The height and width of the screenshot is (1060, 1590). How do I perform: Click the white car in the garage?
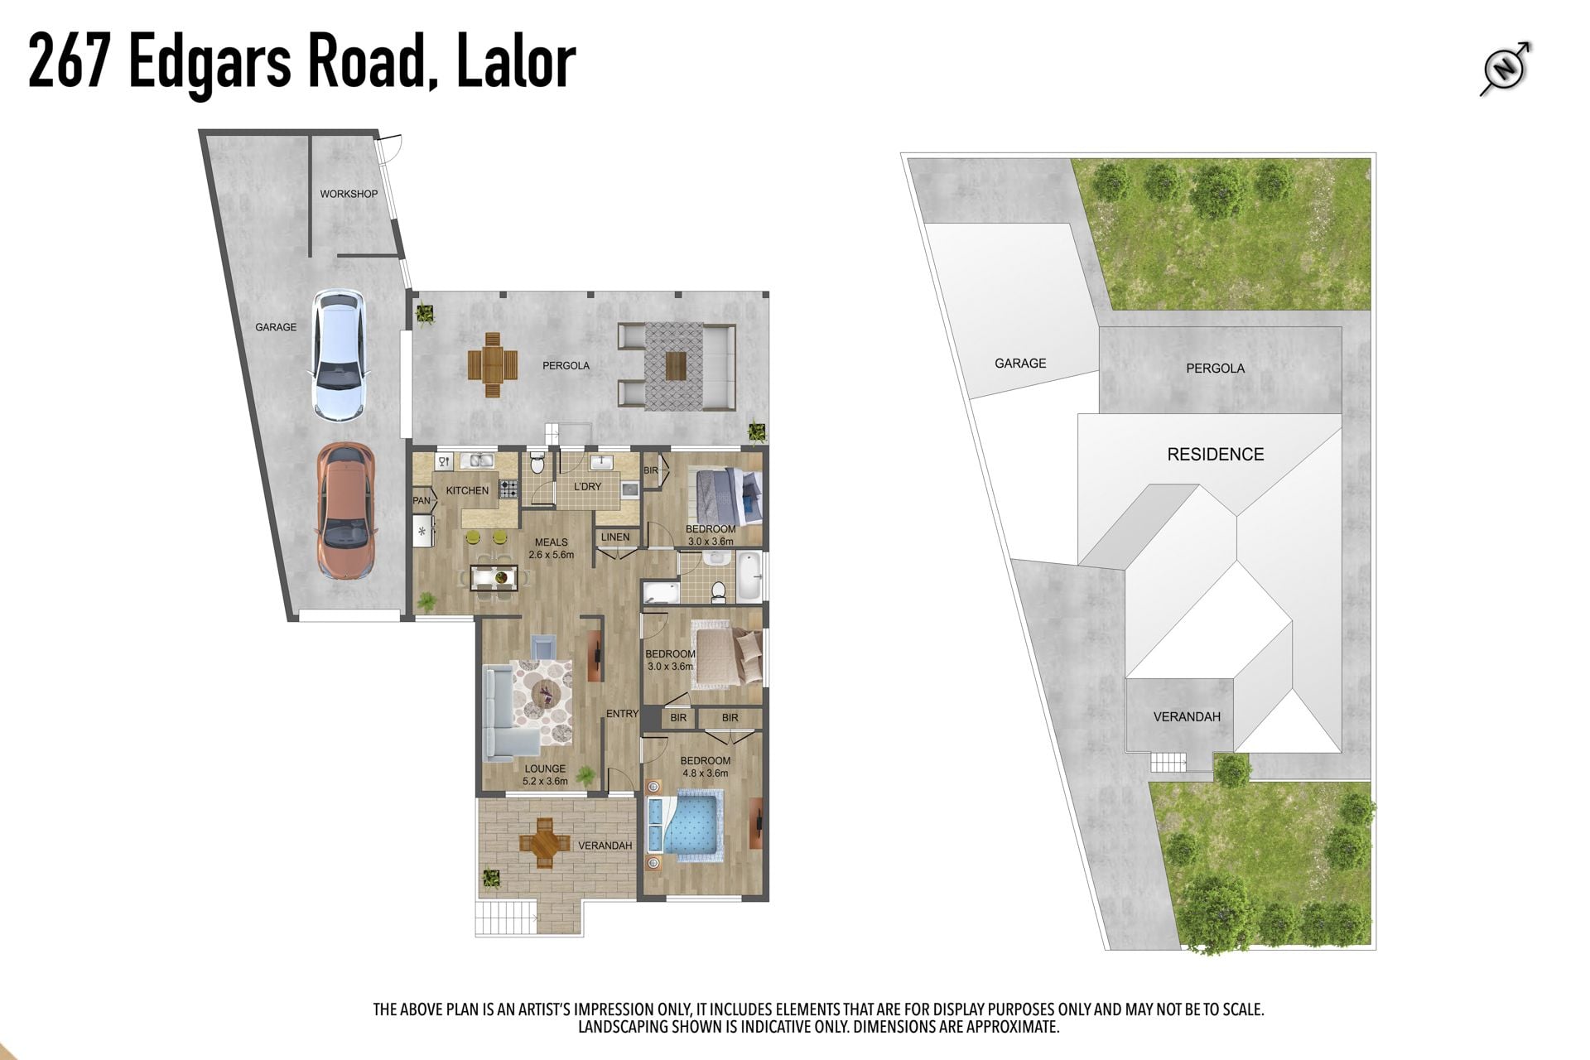339,354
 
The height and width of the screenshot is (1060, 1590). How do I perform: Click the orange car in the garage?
346,511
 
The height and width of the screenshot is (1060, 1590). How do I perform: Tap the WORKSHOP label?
349,194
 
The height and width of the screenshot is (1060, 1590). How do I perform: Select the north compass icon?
1506,69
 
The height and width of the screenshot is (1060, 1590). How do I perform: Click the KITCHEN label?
467,490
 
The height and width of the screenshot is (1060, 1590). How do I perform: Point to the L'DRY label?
587,486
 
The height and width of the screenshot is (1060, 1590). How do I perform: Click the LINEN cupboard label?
615,537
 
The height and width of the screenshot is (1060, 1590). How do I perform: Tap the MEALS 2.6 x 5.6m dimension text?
552,548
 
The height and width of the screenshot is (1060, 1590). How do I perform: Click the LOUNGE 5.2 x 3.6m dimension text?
545,774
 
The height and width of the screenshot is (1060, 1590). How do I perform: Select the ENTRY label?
622,713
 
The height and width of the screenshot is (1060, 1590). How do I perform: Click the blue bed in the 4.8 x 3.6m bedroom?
686,824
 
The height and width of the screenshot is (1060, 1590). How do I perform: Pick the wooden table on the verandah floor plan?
544,843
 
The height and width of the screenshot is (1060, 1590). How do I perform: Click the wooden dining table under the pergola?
493,365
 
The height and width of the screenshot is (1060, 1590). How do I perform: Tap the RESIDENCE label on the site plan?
1216,454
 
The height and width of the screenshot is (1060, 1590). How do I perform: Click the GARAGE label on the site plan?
1020,363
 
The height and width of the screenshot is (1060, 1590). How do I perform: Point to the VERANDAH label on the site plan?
1187,716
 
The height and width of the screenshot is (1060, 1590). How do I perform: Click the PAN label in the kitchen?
422,500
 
